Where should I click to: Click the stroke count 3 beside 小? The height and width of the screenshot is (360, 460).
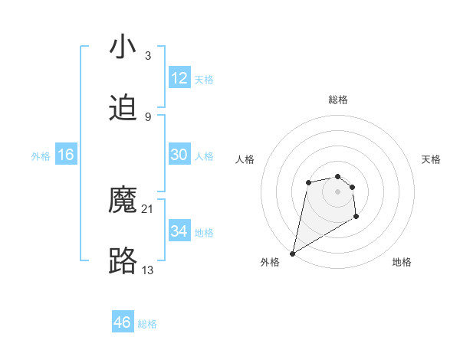(148, 56)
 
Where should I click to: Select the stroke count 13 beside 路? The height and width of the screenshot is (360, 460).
(148, 270)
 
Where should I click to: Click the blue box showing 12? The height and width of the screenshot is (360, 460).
(179, 78)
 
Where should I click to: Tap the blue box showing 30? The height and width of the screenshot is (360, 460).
(179, 155)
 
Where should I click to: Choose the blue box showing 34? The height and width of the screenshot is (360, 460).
(179, 231)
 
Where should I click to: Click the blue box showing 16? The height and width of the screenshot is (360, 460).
(66, 155)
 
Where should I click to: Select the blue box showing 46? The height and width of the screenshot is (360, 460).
(123, 322)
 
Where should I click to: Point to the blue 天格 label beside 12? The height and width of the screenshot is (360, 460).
(204, 80)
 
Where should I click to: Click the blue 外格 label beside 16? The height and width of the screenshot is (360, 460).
(41, 156)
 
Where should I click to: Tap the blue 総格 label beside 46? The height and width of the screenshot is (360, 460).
(147, 324)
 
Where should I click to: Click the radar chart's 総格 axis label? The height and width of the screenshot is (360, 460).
(337, 100)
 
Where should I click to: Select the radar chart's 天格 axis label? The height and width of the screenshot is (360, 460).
(432, 159)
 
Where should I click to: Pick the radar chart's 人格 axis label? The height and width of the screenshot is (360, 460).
(245, 159)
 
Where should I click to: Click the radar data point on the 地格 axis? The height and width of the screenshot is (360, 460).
(356, 217)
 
